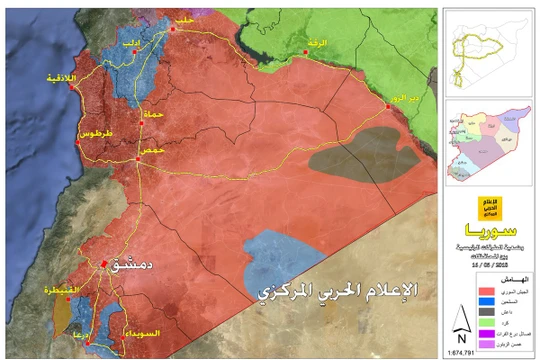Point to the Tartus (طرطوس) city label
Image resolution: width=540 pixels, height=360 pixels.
pos(93,133)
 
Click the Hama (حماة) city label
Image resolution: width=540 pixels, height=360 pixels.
pos(154,115)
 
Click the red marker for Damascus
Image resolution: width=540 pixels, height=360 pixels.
pos(104,264)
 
